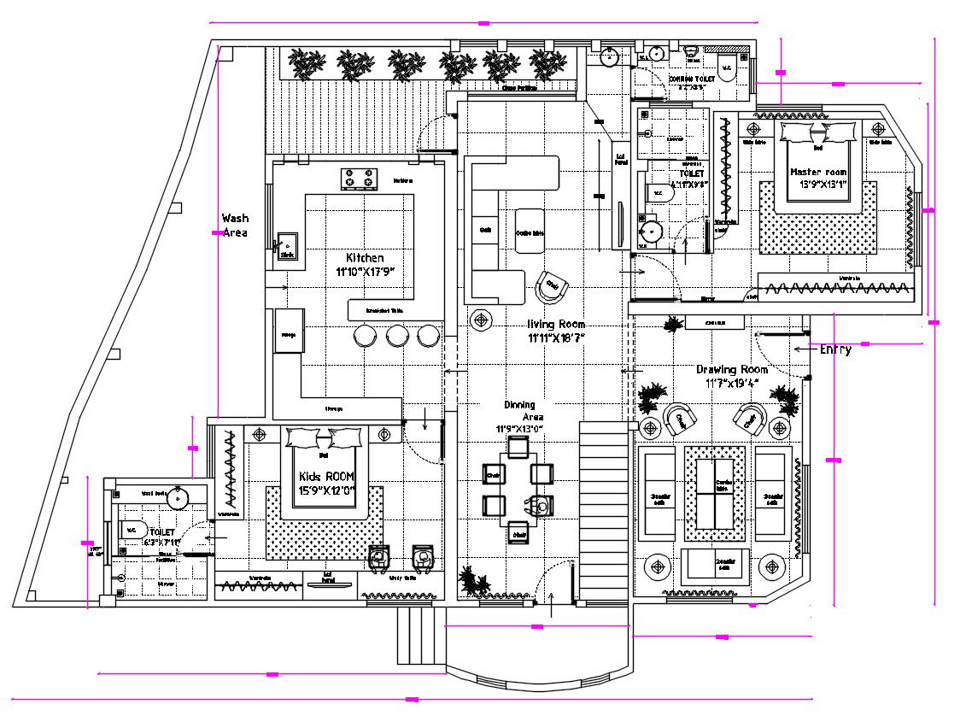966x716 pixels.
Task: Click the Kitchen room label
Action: coord(365,258)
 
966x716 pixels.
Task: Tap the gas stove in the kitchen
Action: coord(360,179)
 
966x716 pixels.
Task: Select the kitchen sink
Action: coord(286,246)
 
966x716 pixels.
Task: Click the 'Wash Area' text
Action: coord(235,226)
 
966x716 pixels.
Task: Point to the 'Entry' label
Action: coord(834,349)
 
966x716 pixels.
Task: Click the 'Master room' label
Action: coord(818,172)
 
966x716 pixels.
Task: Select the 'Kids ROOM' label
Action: coord(326,476)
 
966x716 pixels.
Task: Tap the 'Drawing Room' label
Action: coord(731,369)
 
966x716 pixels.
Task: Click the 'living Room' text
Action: coord(556,325)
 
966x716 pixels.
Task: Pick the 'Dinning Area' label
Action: coord(522,411)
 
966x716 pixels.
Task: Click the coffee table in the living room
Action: coord(530,231)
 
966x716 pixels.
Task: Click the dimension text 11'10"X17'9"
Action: coord(365,273)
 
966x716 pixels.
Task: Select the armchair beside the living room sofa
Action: coord(552,286)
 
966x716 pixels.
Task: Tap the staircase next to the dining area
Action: coord(605,513)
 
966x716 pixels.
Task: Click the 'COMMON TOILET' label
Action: coord(692,79)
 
